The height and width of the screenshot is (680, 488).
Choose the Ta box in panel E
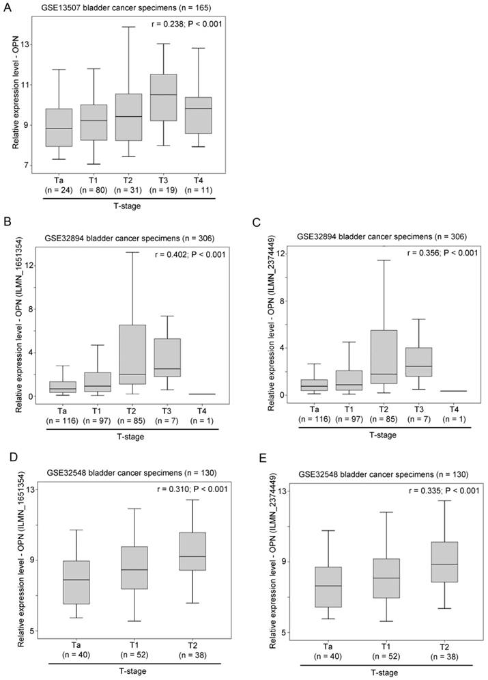click(x=328, y=587)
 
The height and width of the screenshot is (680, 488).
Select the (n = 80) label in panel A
click(x=93, y=191)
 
